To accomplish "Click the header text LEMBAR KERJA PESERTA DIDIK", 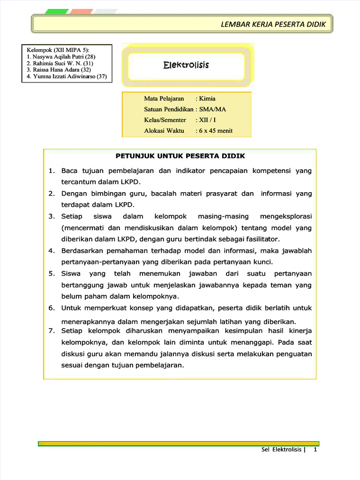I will click(x=273, y=24).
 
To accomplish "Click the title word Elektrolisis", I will click(x=186, y=65).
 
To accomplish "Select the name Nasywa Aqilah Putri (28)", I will click(x=61, y=57).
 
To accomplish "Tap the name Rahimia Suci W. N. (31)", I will click(x=60, y=63).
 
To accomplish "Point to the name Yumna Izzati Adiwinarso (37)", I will click(x=67, y=76).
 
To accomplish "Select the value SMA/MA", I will click(x=213, y=109).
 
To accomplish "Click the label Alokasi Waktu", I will click(x=164, y=131).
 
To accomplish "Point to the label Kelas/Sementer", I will click(x=165, y=120).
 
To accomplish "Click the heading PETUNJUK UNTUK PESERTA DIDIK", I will click(x=180, y=156).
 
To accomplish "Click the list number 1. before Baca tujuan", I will click(x=52, y=171).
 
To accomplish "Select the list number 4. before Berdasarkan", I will click(x=52, y=251).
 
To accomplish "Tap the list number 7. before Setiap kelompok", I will click(x=52, y=331).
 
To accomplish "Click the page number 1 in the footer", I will click(x=315, y=450).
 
